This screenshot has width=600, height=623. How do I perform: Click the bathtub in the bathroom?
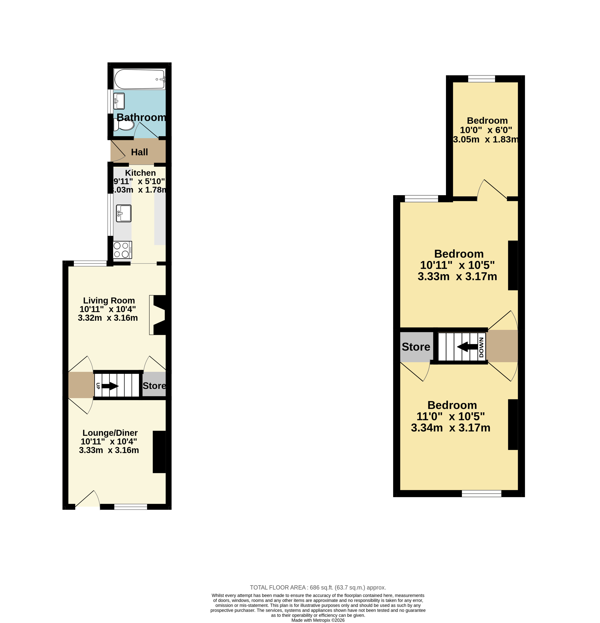tap(139, 79)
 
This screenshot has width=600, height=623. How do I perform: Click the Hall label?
tap(139, 152)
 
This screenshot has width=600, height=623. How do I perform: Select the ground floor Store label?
tap(154, 386)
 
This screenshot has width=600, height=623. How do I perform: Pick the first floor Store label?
tap(416, 347)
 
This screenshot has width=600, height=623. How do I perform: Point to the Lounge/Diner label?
tap(110, 433)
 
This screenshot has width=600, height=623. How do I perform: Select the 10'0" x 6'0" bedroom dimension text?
tap(486, 130)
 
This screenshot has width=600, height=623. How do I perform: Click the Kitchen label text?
tap(140, 173)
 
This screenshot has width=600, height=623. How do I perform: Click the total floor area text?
tap(318, 588)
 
